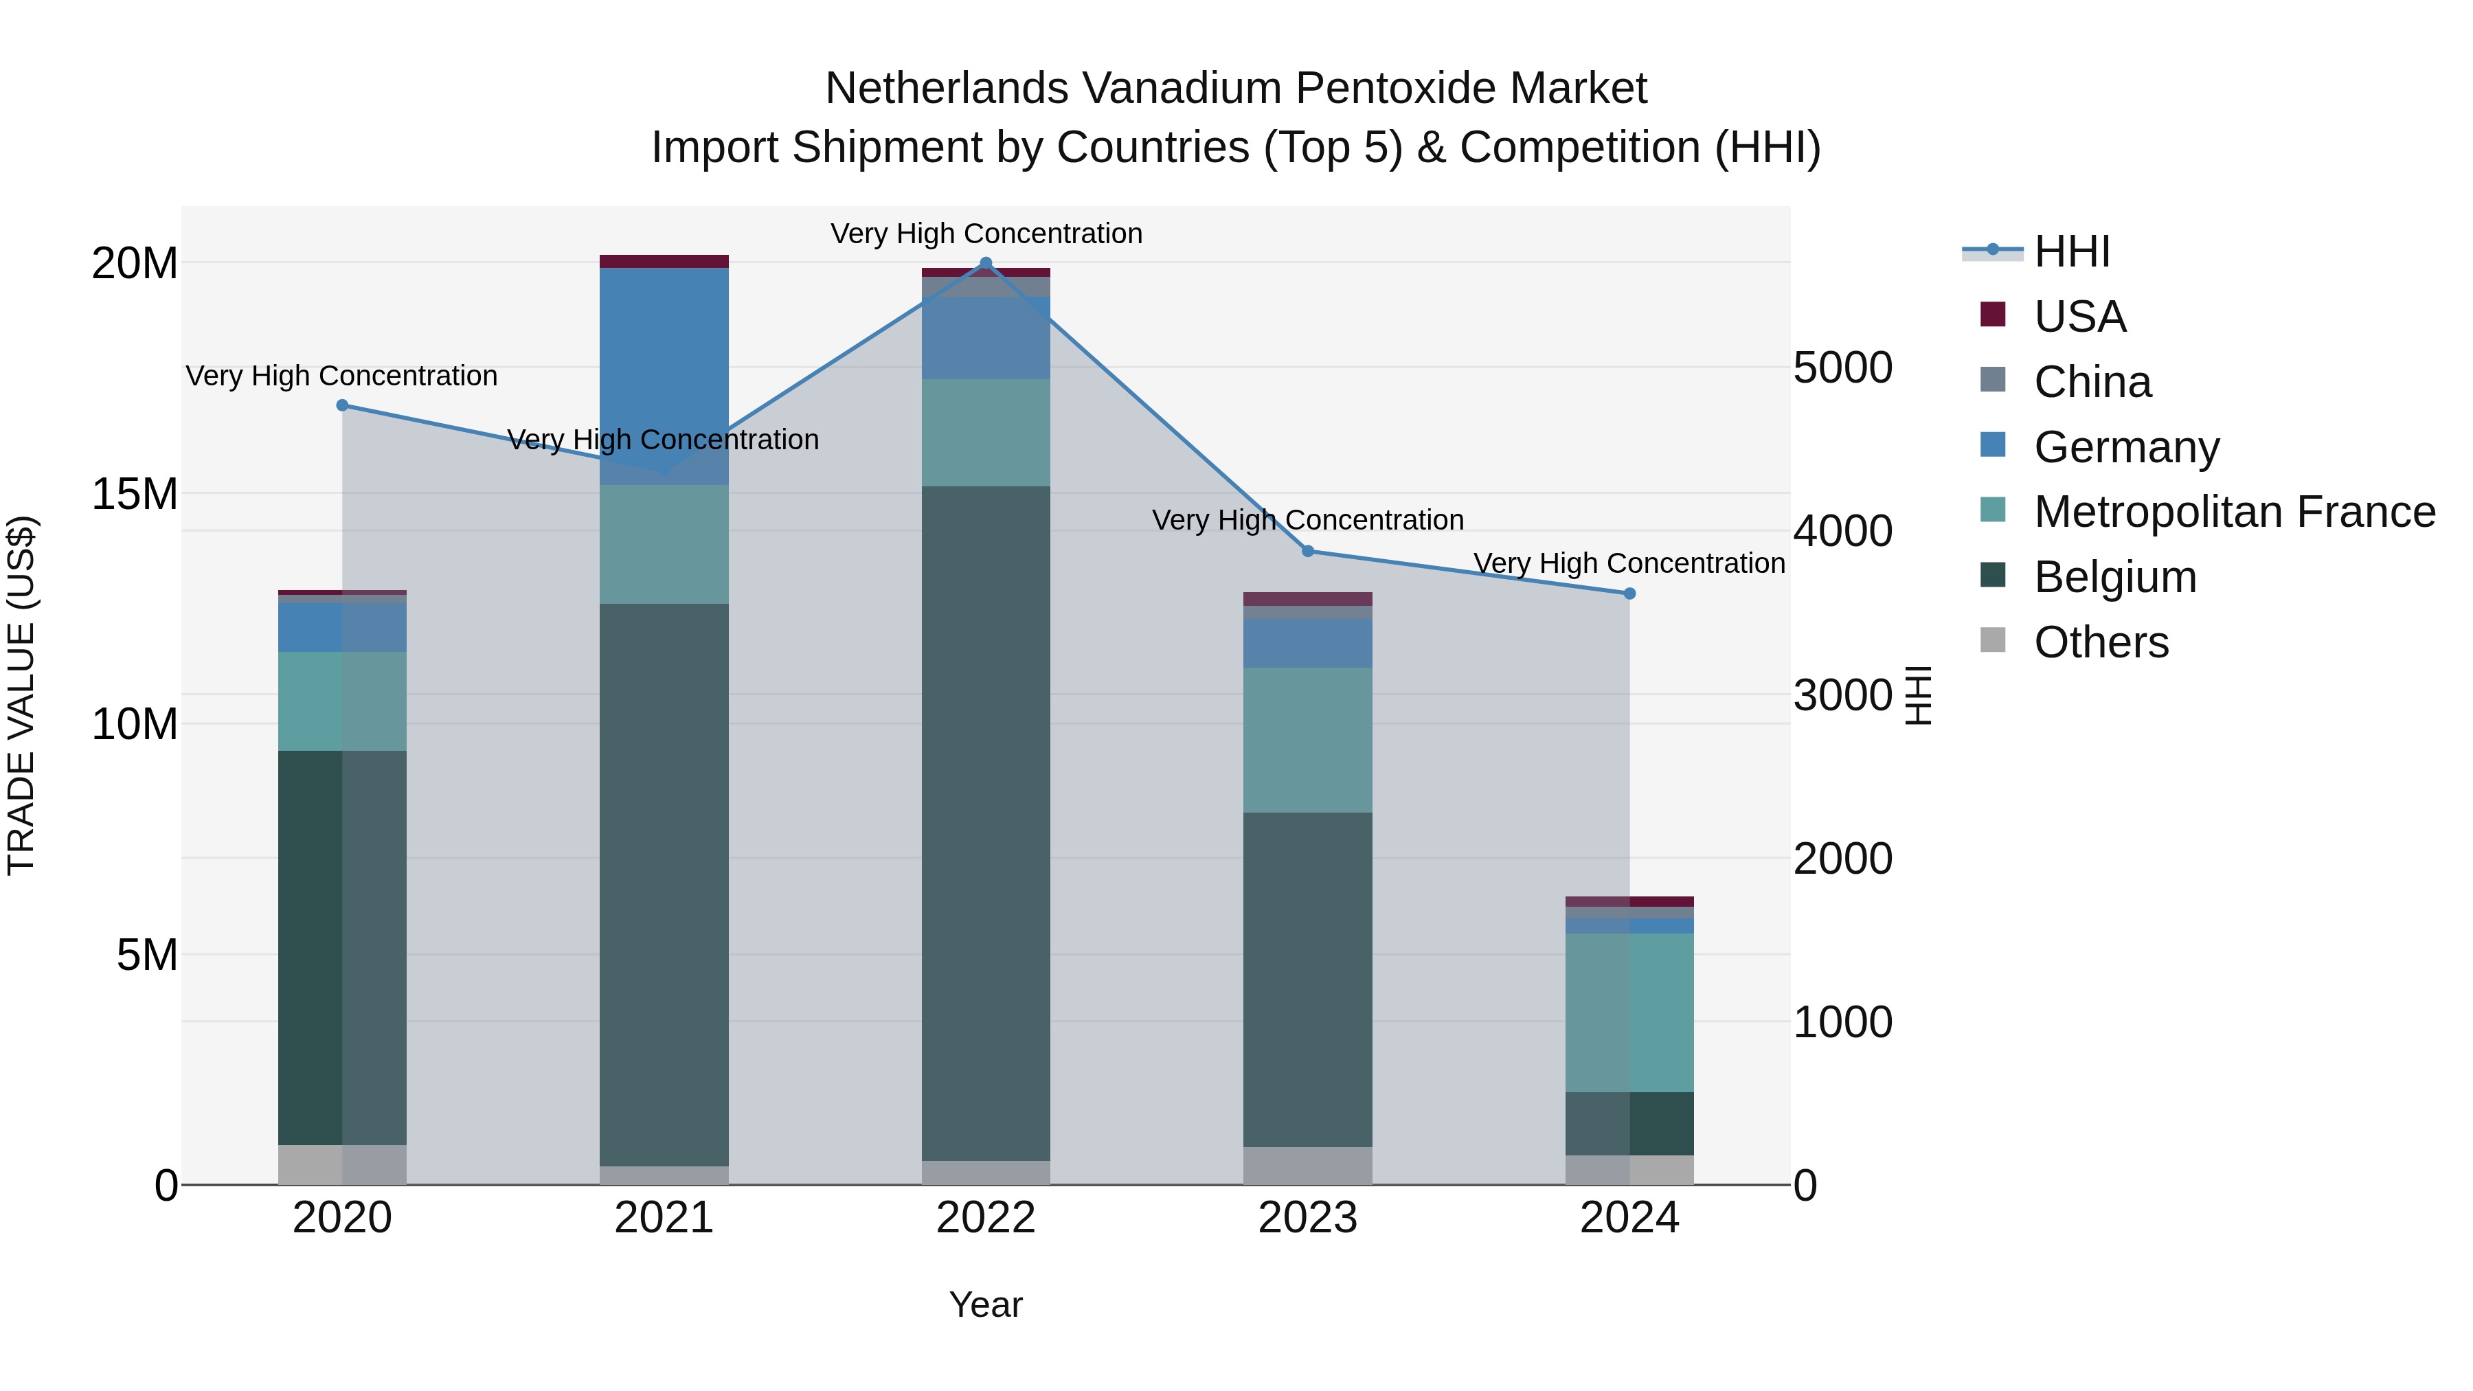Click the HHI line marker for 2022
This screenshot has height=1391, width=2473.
(985, 263)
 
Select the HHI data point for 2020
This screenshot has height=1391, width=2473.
(342, 405)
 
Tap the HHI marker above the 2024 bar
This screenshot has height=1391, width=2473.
(1629, 593)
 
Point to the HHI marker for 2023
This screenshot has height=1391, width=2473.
(1307, 551)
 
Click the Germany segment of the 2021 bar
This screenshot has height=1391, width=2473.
(664, 374)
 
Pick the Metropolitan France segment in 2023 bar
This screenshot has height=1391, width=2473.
(1307, 739)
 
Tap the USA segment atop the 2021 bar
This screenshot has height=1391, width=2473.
(664, 261)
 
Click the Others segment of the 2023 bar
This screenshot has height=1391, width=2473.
(1307, 1166)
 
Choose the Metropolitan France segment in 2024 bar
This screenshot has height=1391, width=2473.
(1629, 1012)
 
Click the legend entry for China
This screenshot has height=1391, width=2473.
(2093, 382)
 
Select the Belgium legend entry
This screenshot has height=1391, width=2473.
(2115, 577)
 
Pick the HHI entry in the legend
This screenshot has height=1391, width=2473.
(2072, 251)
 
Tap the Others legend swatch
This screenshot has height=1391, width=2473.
(1993, 640)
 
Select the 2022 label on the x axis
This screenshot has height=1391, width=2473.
(985, 1218)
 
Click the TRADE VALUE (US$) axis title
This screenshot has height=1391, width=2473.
(21, 695)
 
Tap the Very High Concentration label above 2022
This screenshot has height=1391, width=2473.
(986, 234)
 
